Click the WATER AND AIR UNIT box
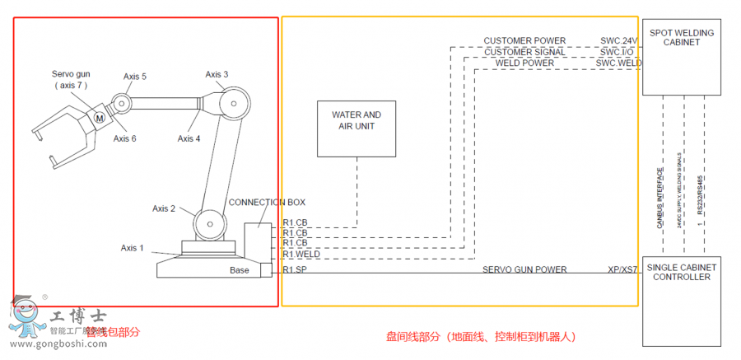point(357,128)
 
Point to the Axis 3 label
point(217,75)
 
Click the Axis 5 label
point(135,77)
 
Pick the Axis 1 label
point(132,248)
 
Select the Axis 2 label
point(164,208)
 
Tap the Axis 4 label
point(189,138)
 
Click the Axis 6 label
point(124,138)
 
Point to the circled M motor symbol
point(100,118)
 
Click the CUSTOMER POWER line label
point(524,41)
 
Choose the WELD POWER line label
point(524,63)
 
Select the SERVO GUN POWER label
point(524,269)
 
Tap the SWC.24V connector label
point(619,41)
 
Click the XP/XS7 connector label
point(622,269)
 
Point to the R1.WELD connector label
point(301,255)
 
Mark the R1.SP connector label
point(295,269)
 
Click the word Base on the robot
point(239,270)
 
